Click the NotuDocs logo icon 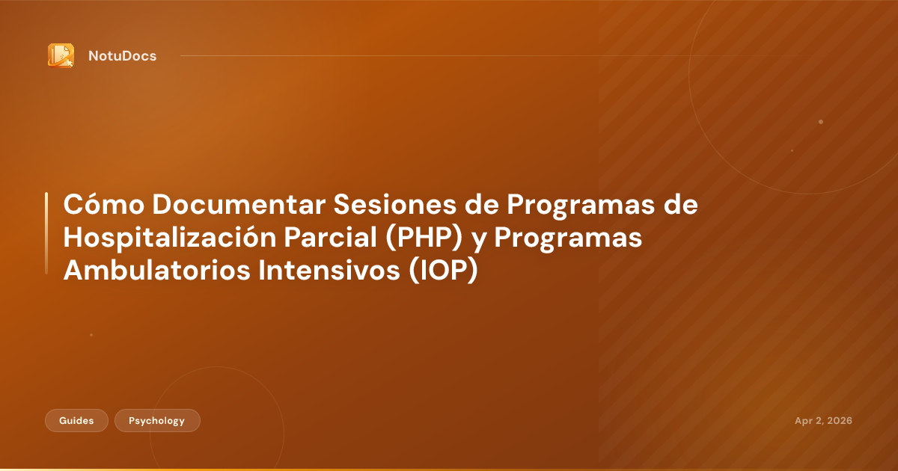click(x=61, y=55)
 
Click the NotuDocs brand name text click(x=122, y=56)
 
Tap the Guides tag click(x=76, y=421)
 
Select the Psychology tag click(x=157, y=421)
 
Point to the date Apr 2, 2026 click(x=823, y=421)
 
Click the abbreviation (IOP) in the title click(x=443, y=271)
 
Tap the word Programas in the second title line click(x=569, y=238)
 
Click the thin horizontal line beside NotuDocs click(x=486, y=55)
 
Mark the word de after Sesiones click(x=682, y=204)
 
